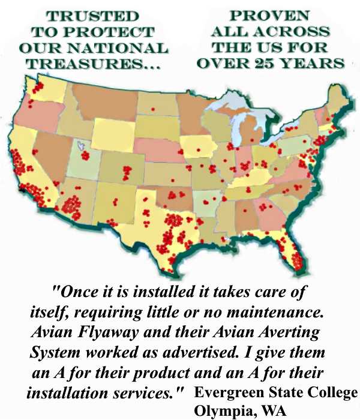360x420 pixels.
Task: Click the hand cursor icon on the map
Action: pos(81,146)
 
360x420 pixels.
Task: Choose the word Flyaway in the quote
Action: pos(103,332)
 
